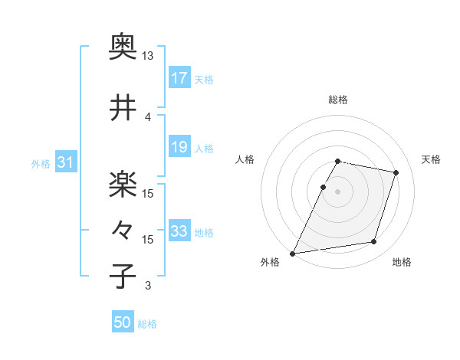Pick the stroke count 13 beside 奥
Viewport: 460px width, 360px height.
click(148, 57)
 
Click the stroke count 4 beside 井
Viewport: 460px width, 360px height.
click(148, 116)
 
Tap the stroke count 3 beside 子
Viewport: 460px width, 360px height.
click(148, 286)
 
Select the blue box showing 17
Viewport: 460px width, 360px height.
click(179, 77)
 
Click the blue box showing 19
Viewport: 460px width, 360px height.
click(179, 146)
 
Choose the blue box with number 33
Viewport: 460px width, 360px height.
click(179, 231)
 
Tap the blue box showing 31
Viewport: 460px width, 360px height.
click(65, 162)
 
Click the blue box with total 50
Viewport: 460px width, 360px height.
click(123, 322)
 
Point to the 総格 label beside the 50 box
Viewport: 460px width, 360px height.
click(147, 324)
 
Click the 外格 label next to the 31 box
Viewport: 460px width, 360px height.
click(41, 163)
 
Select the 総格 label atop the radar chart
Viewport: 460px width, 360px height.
click(338, 100)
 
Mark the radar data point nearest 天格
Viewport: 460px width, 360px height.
click(396, 173)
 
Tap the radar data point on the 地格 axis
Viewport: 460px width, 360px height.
click(374, 242)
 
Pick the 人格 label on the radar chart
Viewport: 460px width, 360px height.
click(245, 159)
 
